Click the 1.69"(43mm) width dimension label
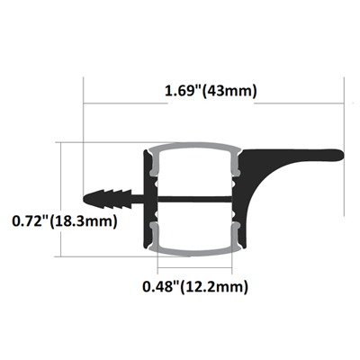211,91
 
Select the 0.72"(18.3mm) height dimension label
65,221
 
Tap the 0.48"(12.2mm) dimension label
195,287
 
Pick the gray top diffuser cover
195,147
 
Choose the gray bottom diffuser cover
195,252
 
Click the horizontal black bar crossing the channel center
195,199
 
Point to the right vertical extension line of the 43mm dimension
344,147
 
